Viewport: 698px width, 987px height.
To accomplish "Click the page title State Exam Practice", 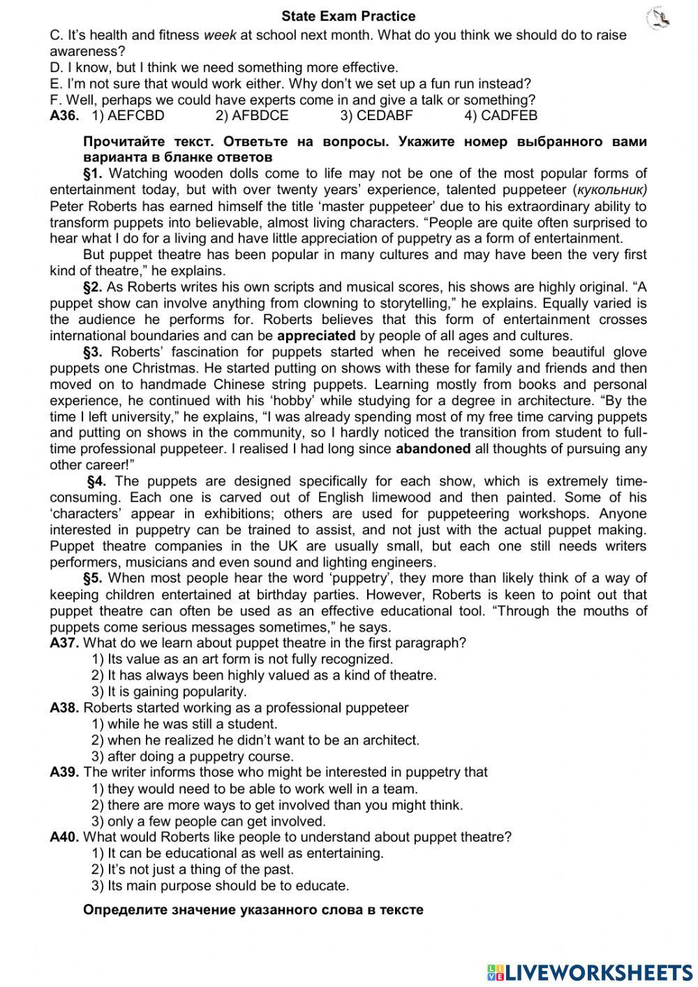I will coord(348,16).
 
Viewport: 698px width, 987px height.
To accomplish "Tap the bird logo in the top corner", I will coord(658,18).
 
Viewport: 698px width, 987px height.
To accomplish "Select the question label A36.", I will coord(64,116).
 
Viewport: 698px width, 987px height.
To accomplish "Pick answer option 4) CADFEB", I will coord(500,116).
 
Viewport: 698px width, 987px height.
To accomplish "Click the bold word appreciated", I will coord(316,336).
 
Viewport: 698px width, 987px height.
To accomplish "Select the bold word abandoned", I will coord(433,449).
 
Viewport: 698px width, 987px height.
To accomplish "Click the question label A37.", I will coord(64,643).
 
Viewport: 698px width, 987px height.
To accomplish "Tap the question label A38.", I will coord(64,708).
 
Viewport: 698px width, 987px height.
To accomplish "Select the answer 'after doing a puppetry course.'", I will coord(193,756).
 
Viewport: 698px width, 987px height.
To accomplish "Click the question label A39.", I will coord(64,773).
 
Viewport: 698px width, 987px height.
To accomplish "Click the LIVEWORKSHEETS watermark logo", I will coord(589,972).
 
